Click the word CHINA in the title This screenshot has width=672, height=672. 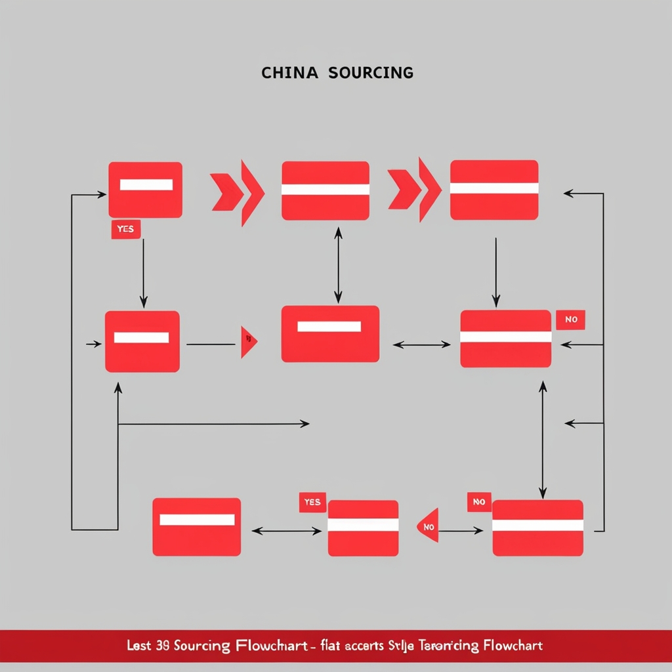(x=289, y=73)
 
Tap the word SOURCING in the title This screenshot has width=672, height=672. (x=371, y=73)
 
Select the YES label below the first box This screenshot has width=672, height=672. (x=125, y=229)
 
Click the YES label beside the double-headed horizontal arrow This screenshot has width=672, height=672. (x=312, y=502)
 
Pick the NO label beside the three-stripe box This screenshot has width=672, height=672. (x=570, y=320)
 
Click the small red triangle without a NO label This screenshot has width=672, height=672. (x=248, y=341)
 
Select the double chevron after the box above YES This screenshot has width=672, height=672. (x=238, y=192)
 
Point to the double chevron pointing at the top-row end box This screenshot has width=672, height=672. (x=415, y=189)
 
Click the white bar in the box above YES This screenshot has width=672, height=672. (x=146, y=184)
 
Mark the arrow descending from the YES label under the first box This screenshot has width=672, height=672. (x=143, y=272)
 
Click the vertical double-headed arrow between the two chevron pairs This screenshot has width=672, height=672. (x=338, y=264)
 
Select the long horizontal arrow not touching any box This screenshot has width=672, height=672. (x=213, y=424)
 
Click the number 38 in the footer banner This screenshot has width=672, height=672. (x=163, y=646)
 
